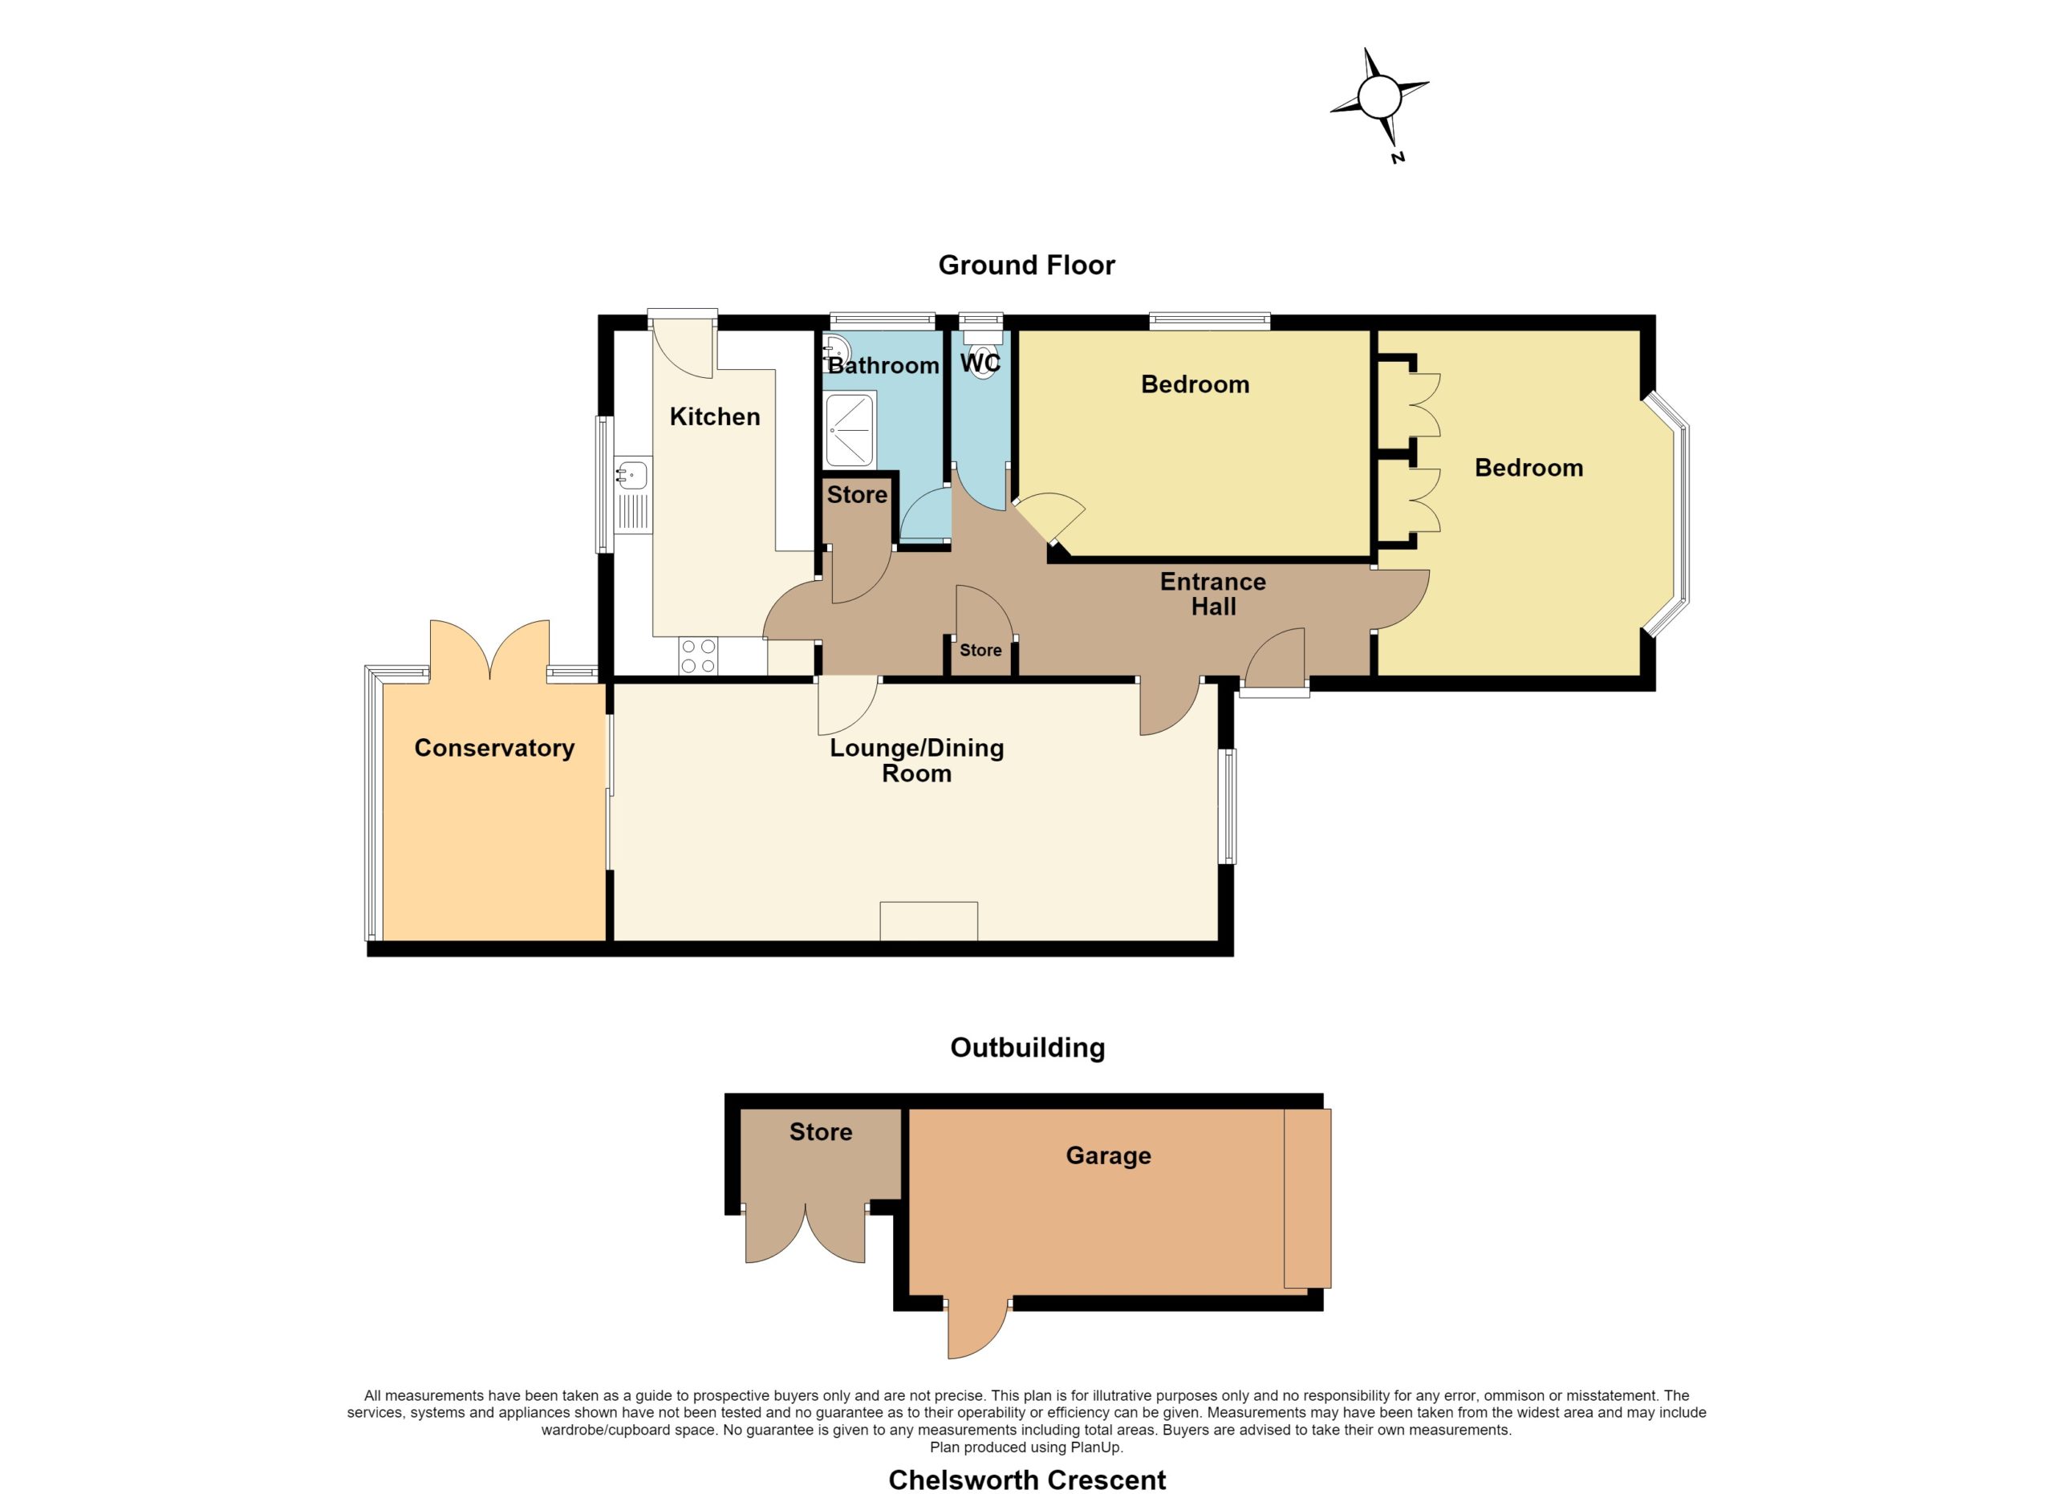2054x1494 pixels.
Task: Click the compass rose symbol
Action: (1379, 96)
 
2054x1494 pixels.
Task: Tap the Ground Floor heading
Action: (1026, 266)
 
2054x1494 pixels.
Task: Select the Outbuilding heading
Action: (1027, 1048)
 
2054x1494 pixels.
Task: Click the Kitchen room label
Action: (715, 416)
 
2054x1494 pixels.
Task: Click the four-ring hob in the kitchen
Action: (698, 656)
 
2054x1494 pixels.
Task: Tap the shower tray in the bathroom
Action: (850, 428)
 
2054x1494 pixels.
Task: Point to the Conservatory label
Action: (494, 748)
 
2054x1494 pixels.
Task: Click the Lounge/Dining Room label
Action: (917, 761)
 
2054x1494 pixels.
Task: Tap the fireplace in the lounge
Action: (928, 921)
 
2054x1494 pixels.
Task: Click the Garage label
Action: (1109, 1155)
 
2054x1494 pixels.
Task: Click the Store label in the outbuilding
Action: (821, 1132)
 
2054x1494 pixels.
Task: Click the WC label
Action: (980, 363)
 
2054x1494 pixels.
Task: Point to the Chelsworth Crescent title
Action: (1027, 1480)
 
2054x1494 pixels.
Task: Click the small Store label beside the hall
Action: (980, 650)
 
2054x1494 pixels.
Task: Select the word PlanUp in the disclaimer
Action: (1097, 1447)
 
